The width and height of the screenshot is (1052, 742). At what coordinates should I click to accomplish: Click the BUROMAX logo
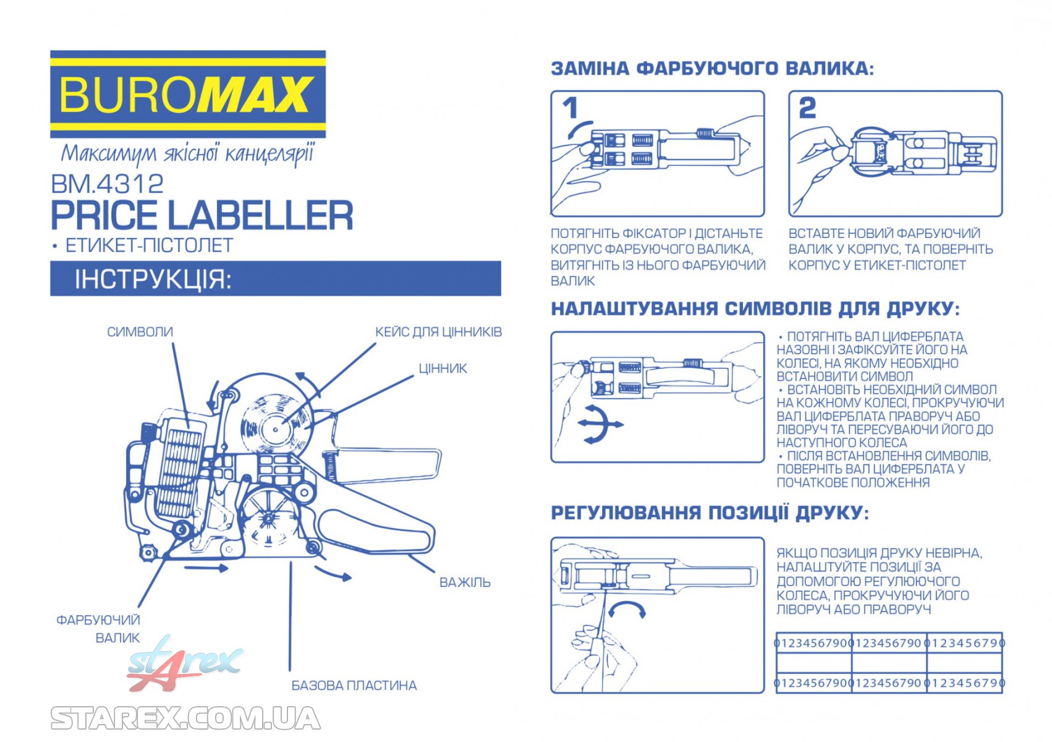click(188, 94)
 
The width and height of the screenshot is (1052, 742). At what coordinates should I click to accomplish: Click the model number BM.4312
click(107, 184)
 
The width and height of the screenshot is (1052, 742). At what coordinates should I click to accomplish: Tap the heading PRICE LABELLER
click(202, 215)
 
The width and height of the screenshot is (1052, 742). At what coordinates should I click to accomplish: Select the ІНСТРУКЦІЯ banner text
click(153, 279)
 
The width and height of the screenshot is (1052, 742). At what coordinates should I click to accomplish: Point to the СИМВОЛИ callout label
click(140, 332)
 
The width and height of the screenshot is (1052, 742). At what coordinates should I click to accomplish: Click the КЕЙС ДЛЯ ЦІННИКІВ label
click(438, 332)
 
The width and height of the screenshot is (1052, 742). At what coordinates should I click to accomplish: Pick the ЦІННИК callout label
click(443, 369)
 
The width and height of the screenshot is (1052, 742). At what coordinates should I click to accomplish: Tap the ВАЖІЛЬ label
click(465, 582)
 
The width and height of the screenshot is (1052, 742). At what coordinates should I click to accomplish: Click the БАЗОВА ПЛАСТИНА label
click(354, 686)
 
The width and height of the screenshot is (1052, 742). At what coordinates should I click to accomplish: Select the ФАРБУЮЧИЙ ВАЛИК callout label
click(99, 629)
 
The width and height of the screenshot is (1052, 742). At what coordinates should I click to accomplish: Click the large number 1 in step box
click(570, 109)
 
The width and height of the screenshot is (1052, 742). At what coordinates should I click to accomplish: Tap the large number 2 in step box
click(807, 108)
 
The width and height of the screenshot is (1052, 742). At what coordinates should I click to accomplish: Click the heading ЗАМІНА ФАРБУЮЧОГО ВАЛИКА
click(713, 69)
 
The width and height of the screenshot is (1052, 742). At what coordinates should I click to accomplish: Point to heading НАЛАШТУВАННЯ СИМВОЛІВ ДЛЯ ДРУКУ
click(755, 309)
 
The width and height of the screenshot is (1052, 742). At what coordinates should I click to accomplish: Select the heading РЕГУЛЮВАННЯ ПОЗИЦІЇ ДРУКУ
click(710, 513)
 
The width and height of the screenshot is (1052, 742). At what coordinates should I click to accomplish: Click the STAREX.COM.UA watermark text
click(185, 719)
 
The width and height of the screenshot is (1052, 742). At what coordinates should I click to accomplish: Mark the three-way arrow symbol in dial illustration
click(599, 424)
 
